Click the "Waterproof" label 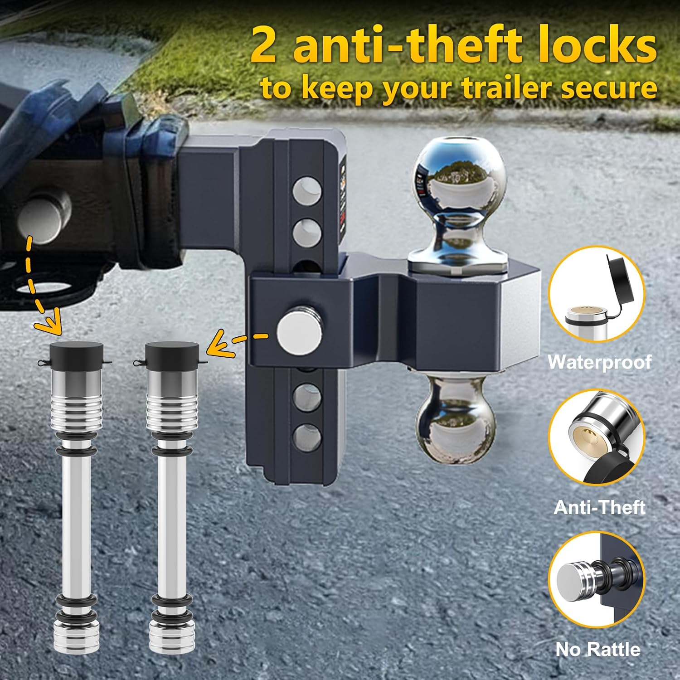599,362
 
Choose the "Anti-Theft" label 599,507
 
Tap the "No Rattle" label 598,650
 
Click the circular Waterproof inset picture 597,295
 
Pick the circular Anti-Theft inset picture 597,438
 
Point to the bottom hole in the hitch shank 307,434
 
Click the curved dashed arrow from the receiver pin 39,290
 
